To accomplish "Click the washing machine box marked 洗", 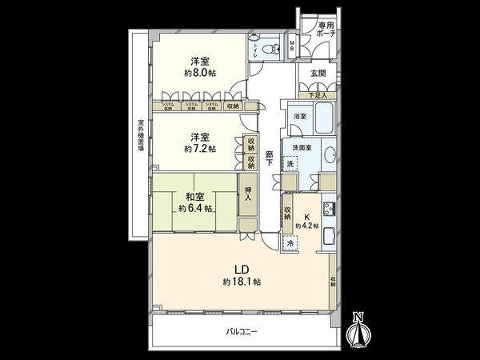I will click(290, 164).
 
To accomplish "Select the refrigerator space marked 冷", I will click(290, 242).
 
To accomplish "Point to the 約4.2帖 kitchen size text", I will click(307, 226).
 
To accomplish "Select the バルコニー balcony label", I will click(240, 332).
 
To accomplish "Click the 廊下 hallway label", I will click(270, 158).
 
